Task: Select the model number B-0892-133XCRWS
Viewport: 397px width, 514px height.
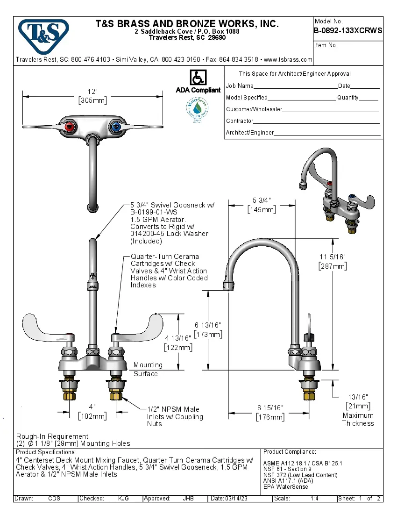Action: pyautogui.click(x=348, y=31)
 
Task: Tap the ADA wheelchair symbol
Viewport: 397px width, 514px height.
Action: pyautogui.click(x=198, y=78)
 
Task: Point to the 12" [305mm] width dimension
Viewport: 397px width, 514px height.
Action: pyautogui.click(x=92, y=96)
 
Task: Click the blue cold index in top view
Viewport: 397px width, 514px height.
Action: pyautogui.click(x=115, y=126)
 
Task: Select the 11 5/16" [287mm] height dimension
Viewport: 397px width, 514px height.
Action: pyautogui.click(x=333, y=262)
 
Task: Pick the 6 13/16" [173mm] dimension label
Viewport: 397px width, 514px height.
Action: pyautogui.click(x=208, y=329)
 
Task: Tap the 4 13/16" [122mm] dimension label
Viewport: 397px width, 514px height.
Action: pyautogui.click(x=178, y=343)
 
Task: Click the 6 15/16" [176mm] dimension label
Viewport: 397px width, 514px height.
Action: pyautogui.click(x=270, y=413)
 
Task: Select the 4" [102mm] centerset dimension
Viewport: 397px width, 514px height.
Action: pyautogui.click(x=92, y=411)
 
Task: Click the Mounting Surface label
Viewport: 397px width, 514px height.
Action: pyautogui.click(x=148, y=369)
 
